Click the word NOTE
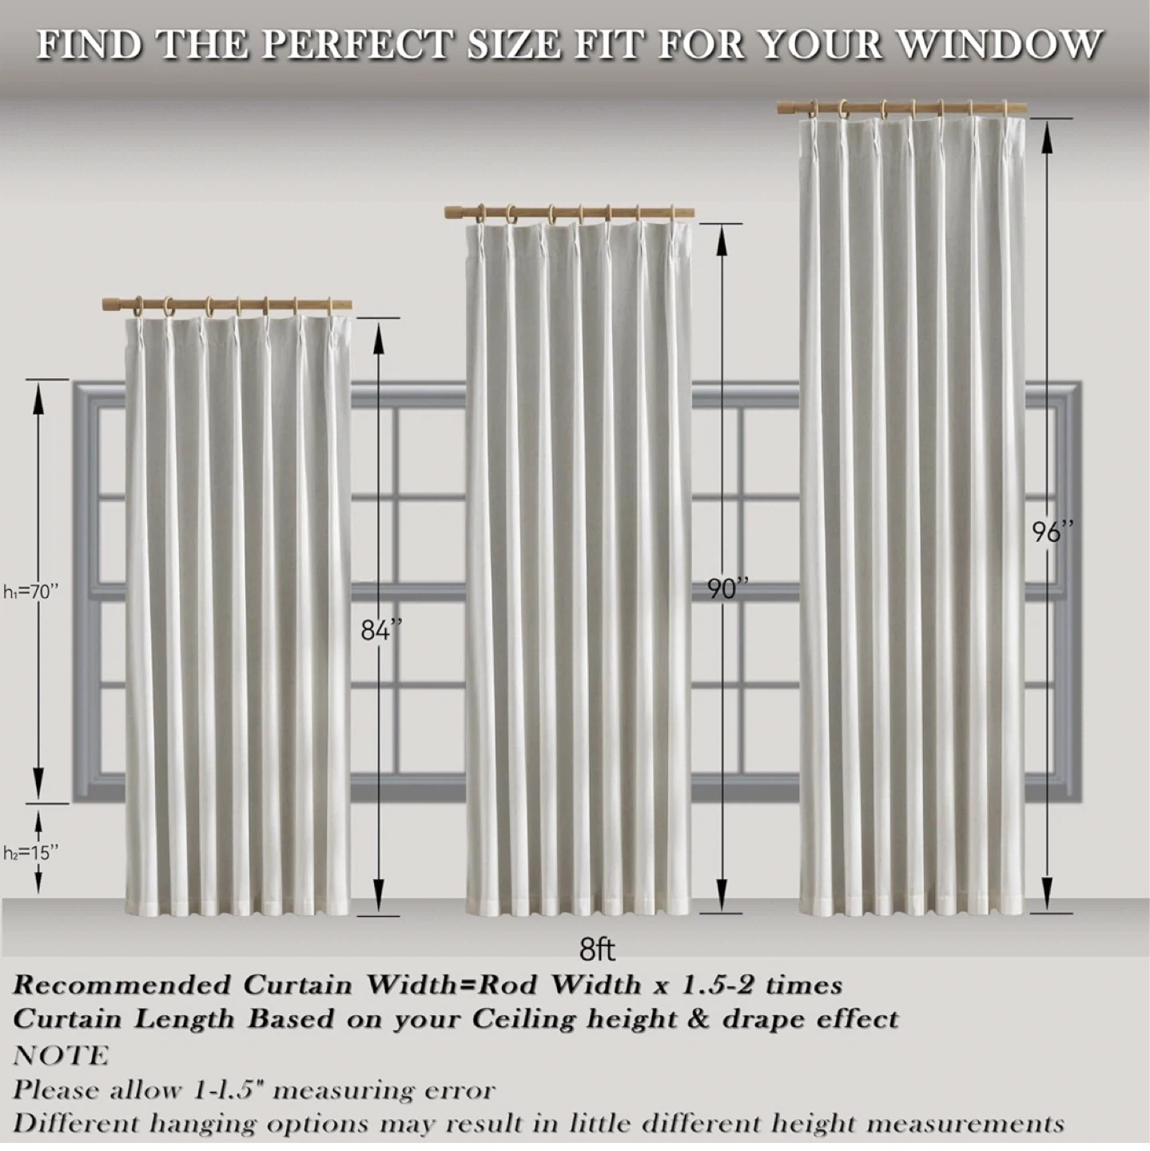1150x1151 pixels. pyautogui.click(x=61, y=1055)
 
